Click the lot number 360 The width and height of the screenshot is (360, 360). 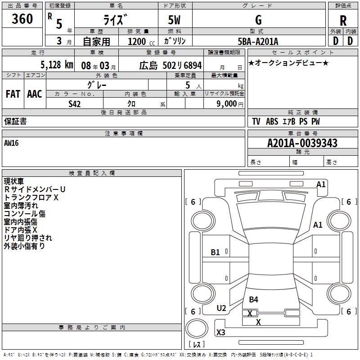(x=22, y=19)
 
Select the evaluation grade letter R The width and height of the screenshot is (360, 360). (x=343, y=21)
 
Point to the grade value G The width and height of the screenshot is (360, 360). (x=258, y=20)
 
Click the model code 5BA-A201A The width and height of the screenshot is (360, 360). (x=258, y=42)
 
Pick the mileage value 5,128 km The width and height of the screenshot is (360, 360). (x=56, y=64)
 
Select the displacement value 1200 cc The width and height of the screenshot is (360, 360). (x=138, y=42)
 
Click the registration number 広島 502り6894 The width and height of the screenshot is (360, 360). (x=170, y=65)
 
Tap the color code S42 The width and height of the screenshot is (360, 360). (x=75, y=103)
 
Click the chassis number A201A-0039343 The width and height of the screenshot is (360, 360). (x=302, y=143)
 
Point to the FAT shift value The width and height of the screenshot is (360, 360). (x=13, y=94)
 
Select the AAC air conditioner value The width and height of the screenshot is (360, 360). (x=34, y=94)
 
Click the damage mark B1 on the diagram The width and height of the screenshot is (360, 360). (x=216, y=252)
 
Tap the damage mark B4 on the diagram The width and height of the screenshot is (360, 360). (x=254, y=299)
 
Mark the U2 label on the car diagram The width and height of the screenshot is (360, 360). (x=221, y=308)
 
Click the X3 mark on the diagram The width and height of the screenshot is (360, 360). (x=221, y=333)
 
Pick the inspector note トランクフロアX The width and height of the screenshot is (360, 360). (x=31, y=197)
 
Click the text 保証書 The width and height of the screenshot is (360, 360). (x=15, y=121)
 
